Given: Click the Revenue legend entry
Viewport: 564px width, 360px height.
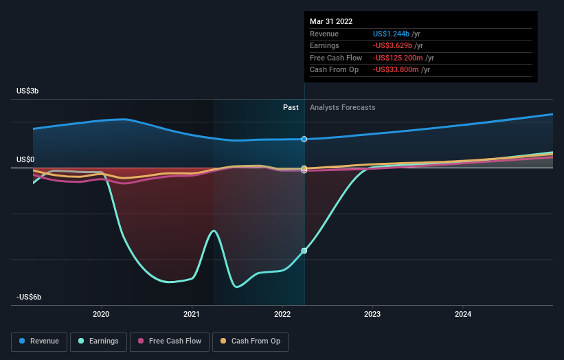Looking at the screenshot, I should click(40, 341).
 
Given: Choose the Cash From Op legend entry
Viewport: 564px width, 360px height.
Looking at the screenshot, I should click(250, 341).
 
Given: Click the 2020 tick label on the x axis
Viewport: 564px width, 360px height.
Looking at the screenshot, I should click(101, 315).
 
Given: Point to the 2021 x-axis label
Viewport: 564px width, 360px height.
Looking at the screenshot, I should click(192, 315).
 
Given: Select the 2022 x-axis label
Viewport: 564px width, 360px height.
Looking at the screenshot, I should click(282, 315).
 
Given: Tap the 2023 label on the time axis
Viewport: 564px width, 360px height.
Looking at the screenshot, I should click(372, 315).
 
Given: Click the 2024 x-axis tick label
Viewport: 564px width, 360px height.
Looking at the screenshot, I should click(463, 315).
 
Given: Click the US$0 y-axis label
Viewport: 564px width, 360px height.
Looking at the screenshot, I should click(26, 160).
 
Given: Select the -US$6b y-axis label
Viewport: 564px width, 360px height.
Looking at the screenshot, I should click(30, 297).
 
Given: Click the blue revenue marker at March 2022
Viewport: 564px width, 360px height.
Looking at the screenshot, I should click(304, 139).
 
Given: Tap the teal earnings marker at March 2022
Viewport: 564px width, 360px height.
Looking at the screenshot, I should click(304, 251).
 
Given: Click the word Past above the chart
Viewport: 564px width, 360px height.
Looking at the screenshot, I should click(291, 107).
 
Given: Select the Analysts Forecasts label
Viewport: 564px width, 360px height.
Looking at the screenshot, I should click(343, 107).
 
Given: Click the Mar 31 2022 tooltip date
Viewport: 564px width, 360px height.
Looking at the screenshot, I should click(331, 21).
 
